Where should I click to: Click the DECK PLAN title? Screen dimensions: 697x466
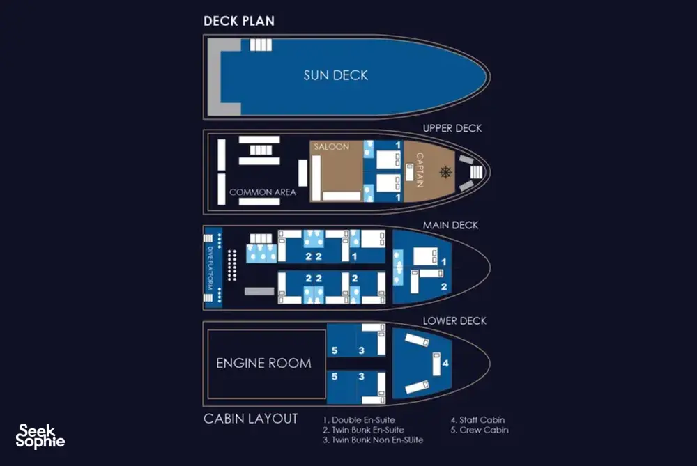tap(238, 21)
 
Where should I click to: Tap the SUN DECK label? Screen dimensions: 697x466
tap(336, 75)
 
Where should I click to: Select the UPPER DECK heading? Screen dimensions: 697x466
tap(452, 128)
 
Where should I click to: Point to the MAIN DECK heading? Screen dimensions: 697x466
tap(450, 225)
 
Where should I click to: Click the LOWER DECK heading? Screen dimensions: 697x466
tap(454, 320)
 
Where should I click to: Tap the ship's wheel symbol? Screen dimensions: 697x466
tap(446, 172)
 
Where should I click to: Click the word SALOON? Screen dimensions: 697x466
tap(332, 146)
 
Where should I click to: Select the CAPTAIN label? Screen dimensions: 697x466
tap(420, 170)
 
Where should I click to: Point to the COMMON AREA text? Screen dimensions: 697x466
tap(263, 192)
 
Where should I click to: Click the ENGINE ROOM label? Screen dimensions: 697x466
tap(263, 364)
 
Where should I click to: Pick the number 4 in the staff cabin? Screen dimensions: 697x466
tap(445, 364)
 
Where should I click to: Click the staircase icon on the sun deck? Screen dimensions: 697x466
tap(261, 45)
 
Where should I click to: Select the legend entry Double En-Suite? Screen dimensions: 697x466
tap(359, 420)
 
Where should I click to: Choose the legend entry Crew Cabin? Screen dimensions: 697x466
tap(480, 430)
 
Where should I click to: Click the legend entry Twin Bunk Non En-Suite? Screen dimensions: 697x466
tap(373, 440)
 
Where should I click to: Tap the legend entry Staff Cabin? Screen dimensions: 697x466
tap(478, 420)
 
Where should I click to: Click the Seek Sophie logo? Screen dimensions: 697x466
tap(40, 436)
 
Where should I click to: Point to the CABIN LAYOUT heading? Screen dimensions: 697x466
tap(251, 419)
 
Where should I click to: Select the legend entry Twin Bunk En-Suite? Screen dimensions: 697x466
tap(364, 430)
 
